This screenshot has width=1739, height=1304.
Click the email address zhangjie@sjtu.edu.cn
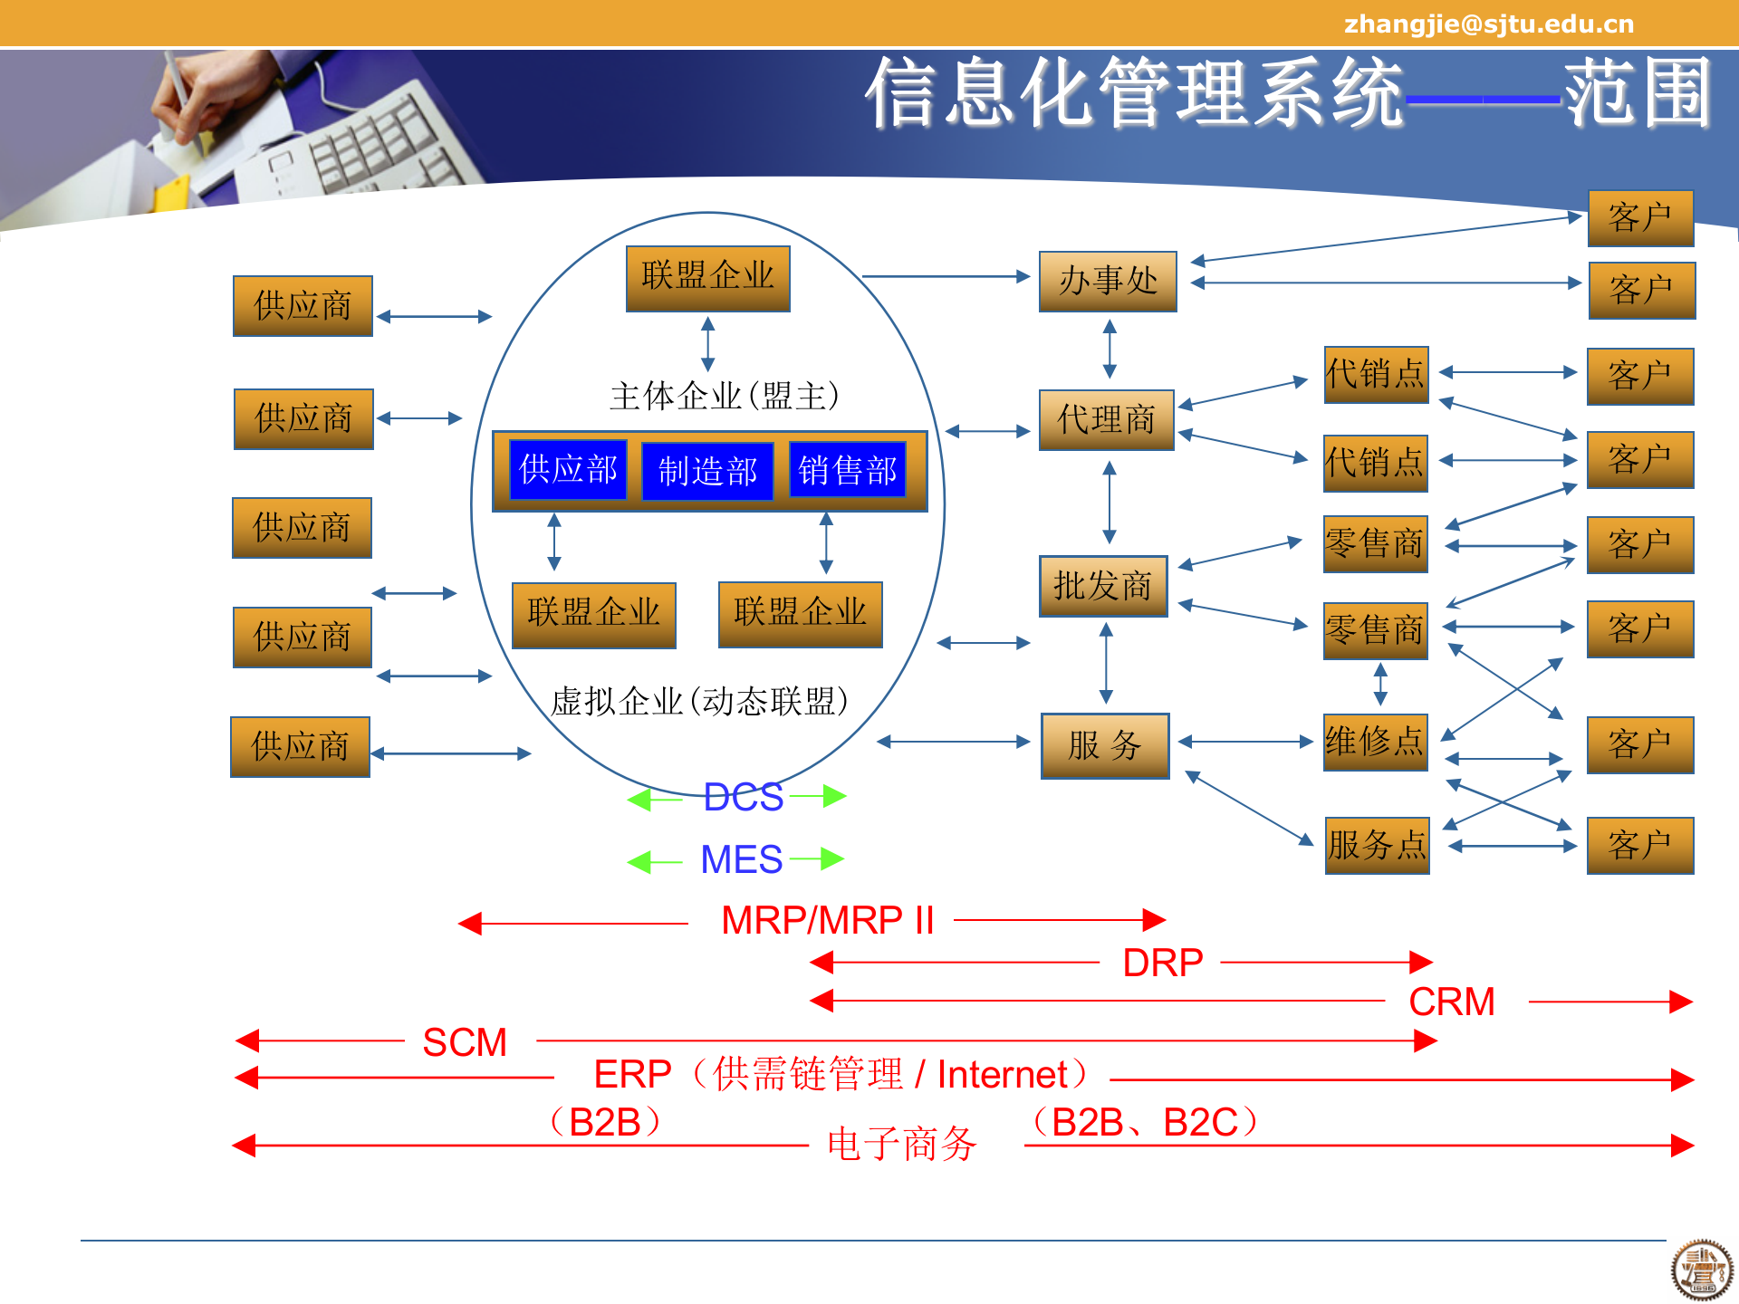1489,24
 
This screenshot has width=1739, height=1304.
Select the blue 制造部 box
707,471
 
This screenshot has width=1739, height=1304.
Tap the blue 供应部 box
568,469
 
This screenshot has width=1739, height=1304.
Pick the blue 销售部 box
847,470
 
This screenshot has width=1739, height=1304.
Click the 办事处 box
1108,282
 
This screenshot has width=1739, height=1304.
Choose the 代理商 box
1106,420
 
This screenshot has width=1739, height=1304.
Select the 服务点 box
1377,846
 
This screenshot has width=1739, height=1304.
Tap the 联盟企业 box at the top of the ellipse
707,278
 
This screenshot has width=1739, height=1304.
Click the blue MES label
741,859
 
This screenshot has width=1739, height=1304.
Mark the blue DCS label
743,798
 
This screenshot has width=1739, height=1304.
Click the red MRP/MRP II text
827,921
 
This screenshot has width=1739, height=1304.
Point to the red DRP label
1162,963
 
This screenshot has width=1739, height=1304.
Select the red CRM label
1451,1002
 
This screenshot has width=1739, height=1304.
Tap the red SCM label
465,1042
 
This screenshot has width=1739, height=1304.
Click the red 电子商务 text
901,1144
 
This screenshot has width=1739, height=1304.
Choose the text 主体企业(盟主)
725,396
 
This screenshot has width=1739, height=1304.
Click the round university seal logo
1702,1270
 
